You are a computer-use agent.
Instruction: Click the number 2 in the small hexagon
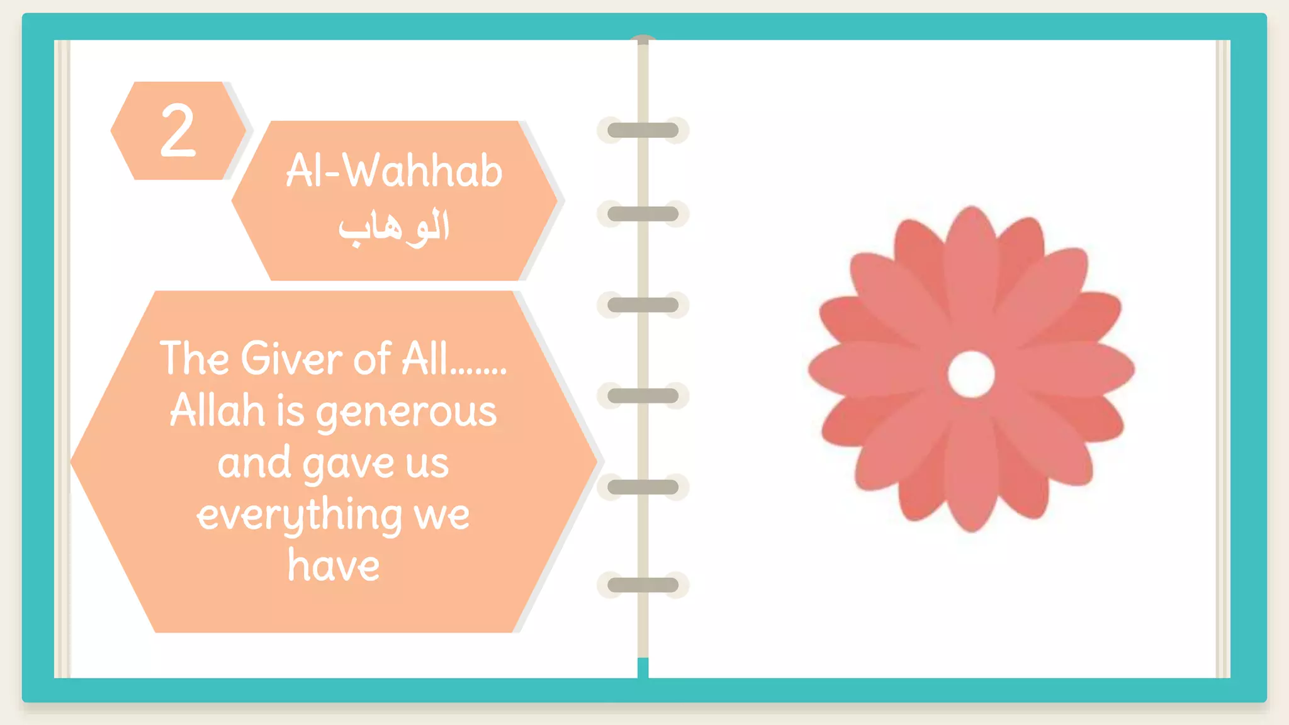[178, 130]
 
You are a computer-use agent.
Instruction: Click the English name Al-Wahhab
[394, 171]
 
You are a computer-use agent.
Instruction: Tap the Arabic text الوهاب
[394, 227]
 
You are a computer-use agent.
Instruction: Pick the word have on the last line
[334, 565]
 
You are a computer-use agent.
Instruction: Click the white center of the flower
[971, 374]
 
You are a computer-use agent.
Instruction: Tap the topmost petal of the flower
[971, 252]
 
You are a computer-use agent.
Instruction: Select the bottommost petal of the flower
[971, 491]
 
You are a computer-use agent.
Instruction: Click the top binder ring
[643, 130]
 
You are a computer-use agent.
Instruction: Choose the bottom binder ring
[643, 585]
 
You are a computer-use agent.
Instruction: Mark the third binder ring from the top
[643, 305]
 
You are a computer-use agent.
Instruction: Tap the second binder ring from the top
[643, 214]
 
